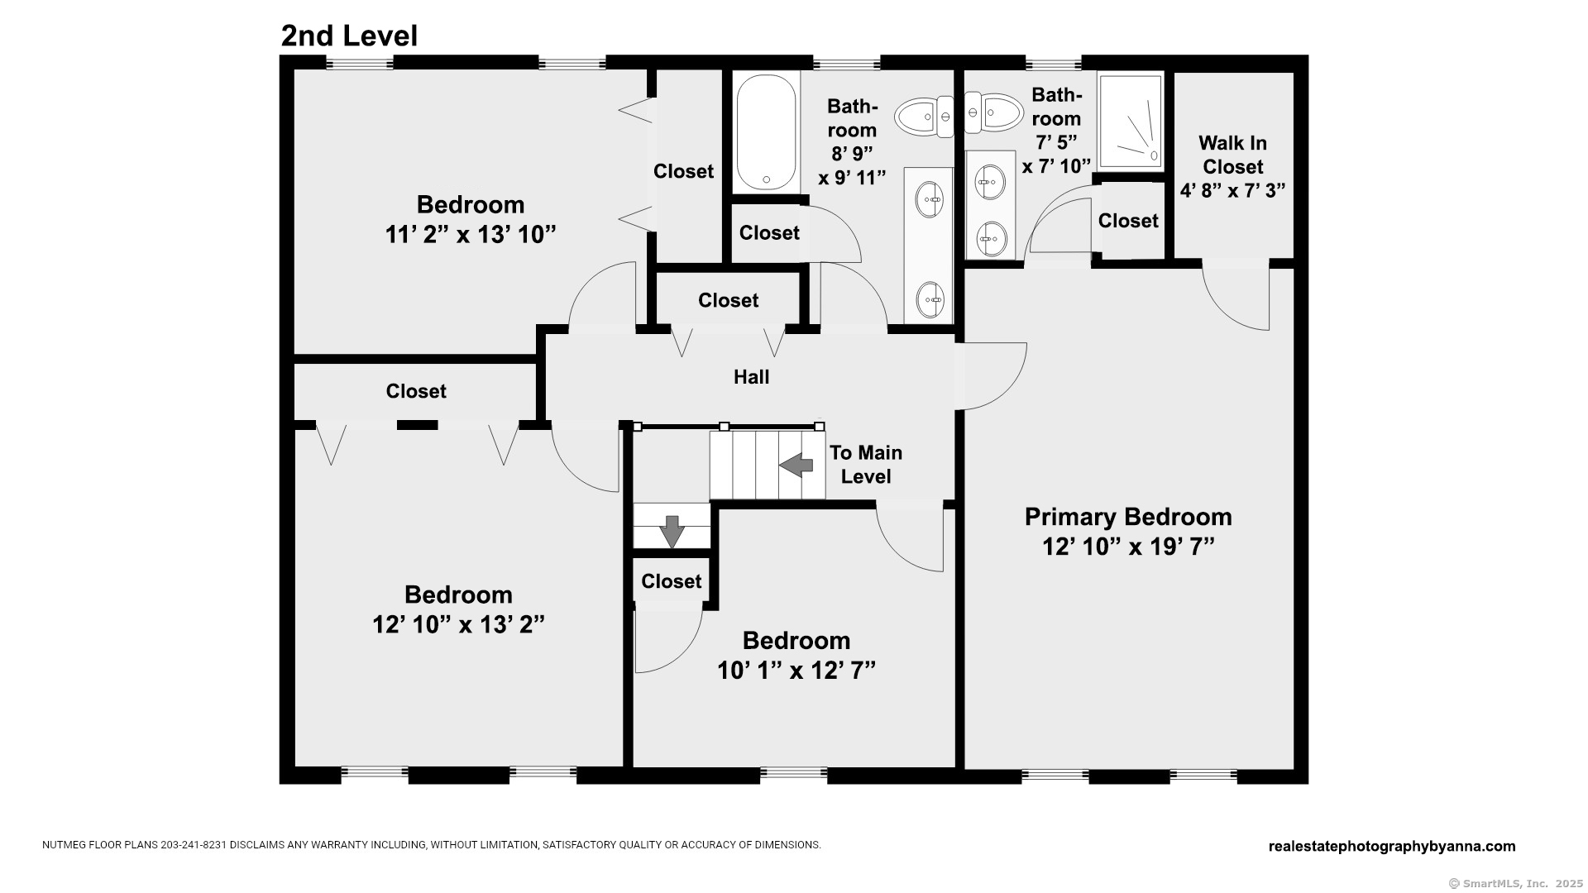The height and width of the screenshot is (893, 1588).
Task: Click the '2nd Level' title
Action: point(349,36)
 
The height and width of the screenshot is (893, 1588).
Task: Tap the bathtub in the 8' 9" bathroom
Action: point(766,132)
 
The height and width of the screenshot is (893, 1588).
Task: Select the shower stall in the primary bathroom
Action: point(1131,121)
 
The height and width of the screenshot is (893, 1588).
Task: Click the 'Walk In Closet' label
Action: point(1232,155)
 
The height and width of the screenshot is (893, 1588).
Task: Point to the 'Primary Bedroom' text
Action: point(1128,517)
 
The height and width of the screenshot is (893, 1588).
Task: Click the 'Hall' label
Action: point(751,377)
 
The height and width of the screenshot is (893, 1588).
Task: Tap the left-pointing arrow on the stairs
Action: point(796,465)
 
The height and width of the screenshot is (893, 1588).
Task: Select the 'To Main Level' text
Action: point(865,465)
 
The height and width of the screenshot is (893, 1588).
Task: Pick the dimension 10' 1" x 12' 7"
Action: point(796,670)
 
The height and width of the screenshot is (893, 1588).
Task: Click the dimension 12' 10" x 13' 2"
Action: point(458,624)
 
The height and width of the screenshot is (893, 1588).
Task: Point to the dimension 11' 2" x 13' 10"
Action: point(470,235)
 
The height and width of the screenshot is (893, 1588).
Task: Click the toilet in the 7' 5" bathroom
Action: point(993,112)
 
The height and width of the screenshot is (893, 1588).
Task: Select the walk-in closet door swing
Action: point(1236,297)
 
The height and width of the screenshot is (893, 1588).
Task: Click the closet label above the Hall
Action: point(728,300)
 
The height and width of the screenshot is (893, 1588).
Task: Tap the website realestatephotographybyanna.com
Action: point(1392,846)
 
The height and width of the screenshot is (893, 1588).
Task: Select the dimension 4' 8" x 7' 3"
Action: point(1232,190)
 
